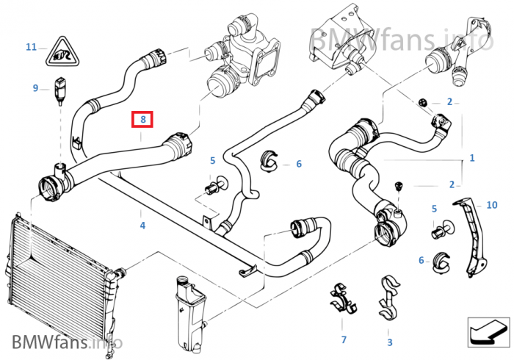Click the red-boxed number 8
(142, 119)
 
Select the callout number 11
(31, 47)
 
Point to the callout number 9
(35, 89)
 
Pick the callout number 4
(142, 226)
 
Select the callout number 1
(472, 158)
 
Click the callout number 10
(491, 205)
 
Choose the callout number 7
(343, 340)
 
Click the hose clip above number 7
(340, 298)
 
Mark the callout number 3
(389, 342)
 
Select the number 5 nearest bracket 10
(435, 209)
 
